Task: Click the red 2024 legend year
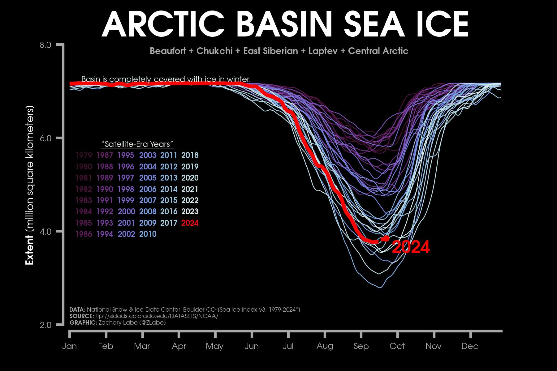pyautogui.click(x=190, y=223)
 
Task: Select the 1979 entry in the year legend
pyautogui.click(x=84, y=155)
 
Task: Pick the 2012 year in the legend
pyautogui.click(x=169, y=167)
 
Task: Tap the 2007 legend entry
pyautogui.click(x=148, y=200)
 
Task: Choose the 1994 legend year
pyautogui.click(x=105, y=234)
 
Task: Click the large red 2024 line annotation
pyautogui.click(x=411, y=247)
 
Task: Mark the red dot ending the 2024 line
pyautogui.click(x=386, y=238)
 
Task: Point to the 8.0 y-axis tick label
pyautogui.click(x=45, y=45)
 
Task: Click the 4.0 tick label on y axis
pyautogui.click(x=45, y=232)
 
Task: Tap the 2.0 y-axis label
pyautogui.click(x=45, y=325)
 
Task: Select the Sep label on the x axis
pyautogui.click(x=361, y=346)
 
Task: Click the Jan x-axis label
pyautogui.click(x=69, y=346)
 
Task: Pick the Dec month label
pyautogui.click(x=470, y=346)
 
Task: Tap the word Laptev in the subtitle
pyautogui.click(x=323, y=51)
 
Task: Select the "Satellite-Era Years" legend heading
pyautogui.click(x=137, y=144)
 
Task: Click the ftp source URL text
pyautogui.click(x=157, y=316)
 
